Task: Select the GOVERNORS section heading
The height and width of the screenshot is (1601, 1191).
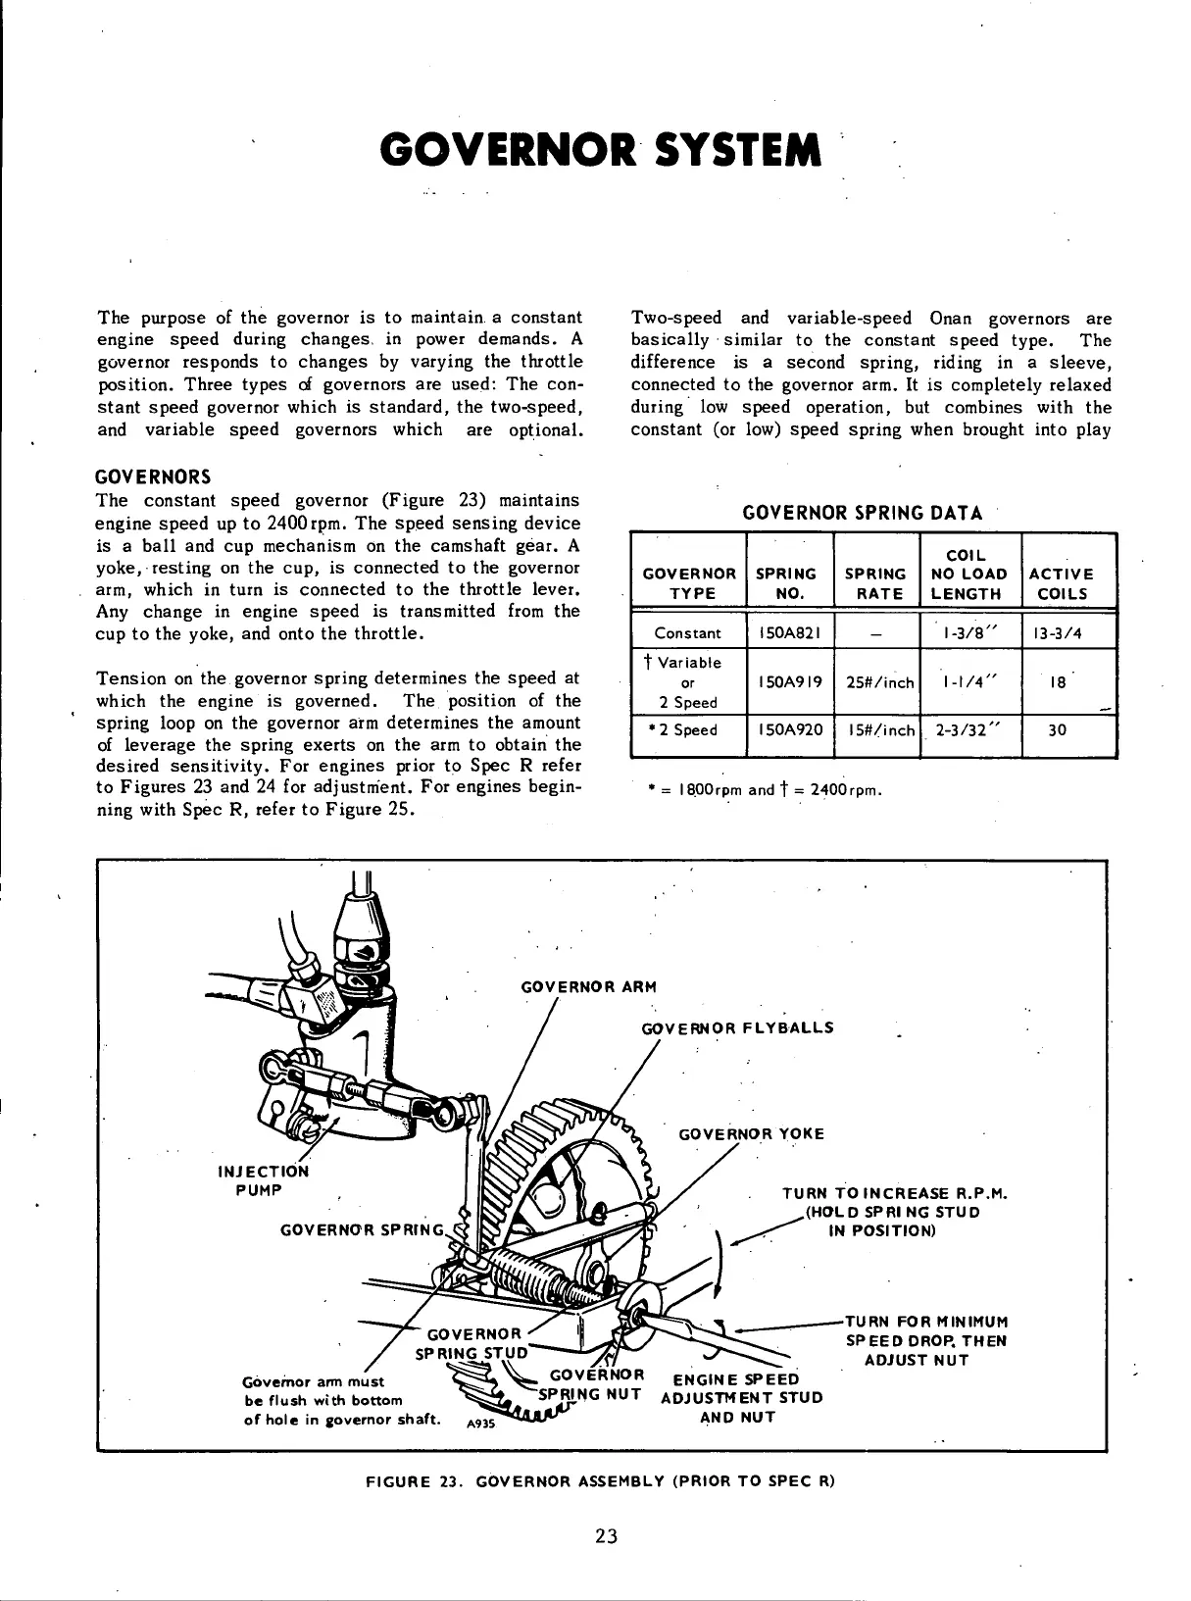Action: pos(152,477)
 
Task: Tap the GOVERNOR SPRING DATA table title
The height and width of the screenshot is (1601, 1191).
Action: pos(863,513)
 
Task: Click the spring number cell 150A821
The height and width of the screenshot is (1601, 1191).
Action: pos(789,633)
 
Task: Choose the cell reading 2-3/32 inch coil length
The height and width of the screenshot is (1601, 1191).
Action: pos(970,730)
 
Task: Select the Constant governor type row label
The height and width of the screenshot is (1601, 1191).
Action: pos(687,633)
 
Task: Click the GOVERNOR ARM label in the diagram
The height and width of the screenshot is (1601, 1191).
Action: pos(587,987)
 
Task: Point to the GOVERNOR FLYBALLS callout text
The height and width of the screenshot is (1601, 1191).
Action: pos(736,1028)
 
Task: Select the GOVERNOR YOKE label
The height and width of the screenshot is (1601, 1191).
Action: pos(751,1134)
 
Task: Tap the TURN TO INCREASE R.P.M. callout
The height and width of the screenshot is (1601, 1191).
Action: pos(895,1194)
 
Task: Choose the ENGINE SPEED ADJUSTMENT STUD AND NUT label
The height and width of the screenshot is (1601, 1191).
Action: pos(741,1398)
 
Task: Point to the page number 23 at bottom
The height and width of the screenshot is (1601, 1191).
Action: pos(605,1536)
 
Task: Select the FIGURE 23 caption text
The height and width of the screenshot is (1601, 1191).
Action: pos(599,1480)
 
